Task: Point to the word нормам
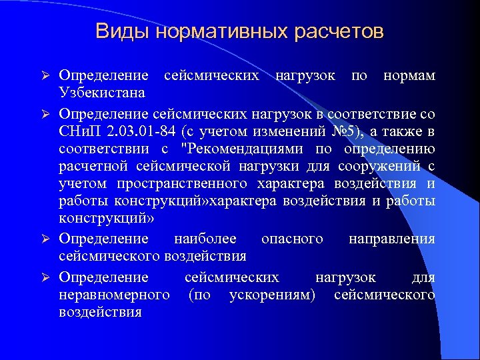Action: click(409, 75)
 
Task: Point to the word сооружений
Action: click(383, 166)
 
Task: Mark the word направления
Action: click(391, 239)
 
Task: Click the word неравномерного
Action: click(113, 294)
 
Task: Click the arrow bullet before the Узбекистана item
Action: click(46, 76)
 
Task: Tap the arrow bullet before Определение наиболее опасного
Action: click(46, 239)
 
